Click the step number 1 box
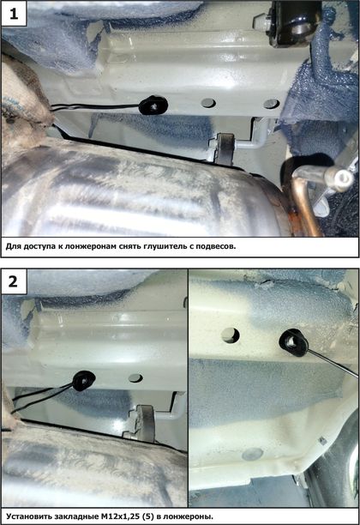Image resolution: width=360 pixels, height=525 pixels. click(14, 14)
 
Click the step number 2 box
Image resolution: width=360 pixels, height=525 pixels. click(14, 281)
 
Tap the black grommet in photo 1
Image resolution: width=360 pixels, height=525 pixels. click(153, 106)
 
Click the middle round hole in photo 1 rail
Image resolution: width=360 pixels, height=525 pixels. click(209, 103)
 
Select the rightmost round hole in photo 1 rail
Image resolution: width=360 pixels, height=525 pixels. click(271, 104)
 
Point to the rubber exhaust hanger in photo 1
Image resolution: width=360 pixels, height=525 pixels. click(225, 148)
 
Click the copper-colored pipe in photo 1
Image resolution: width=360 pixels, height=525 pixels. click(303, 204)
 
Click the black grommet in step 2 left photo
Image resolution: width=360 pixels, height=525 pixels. click(84, 381)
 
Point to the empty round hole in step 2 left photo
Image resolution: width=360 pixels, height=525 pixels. click(135, 378)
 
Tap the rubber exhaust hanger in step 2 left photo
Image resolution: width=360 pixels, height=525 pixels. click(145, 423)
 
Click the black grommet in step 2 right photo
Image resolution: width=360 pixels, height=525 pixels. click(293, 342)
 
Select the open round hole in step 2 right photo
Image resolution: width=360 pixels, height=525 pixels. click(231, 335)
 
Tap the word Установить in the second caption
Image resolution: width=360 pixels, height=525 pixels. click(24, 516)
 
